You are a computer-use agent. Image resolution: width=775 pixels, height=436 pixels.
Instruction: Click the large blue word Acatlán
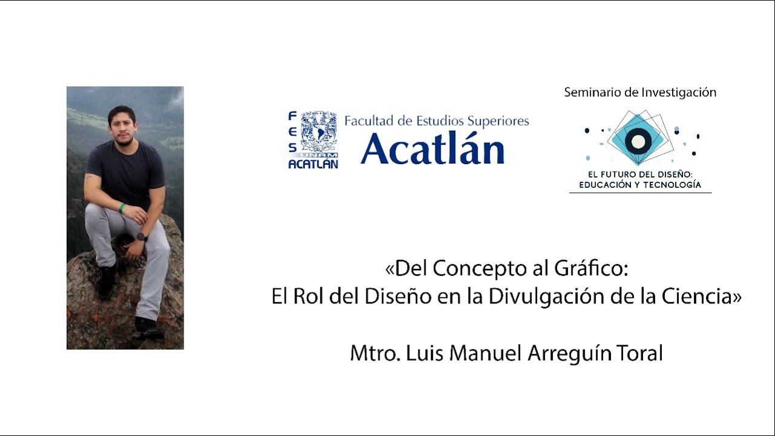432,148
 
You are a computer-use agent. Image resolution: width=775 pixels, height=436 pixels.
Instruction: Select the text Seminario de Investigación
640,93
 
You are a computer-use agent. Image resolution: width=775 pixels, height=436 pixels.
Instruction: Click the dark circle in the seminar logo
638,142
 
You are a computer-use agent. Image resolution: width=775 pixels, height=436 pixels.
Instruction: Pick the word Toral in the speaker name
638,353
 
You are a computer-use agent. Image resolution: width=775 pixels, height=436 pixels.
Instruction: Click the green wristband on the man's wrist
122,208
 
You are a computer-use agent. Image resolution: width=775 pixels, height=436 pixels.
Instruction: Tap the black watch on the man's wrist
140,237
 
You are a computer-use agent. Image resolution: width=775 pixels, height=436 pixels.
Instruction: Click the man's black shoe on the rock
148,329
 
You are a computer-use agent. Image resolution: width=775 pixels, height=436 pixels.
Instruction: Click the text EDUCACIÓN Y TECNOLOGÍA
640,185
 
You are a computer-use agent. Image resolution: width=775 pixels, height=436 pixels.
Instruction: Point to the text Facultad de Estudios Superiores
437,121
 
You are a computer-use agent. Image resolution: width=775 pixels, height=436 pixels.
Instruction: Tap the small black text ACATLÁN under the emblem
313,164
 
